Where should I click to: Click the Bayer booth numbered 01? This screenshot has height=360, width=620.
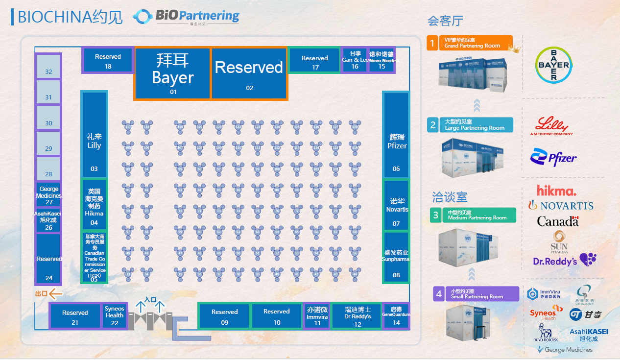(172, 73)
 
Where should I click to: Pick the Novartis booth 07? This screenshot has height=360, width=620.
(396, 206)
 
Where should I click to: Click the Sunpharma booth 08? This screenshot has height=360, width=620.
(396, 257)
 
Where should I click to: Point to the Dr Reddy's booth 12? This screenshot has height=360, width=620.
(358, 316)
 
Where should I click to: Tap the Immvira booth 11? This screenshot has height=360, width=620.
(317, 316)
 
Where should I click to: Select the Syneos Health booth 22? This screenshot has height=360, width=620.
(115, 315)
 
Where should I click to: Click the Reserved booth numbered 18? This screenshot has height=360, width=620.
(108, 60)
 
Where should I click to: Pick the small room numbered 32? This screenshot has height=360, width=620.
(48, 67)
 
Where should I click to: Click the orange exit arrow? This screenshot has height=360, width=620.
(56, 294)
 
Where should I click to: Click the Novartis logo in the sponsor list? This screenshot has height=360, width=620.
(561, 205)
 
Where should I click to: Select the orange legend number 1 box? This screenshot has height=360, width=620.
(432, 43)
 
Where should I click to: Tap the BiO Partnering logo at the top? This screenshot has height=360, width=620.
(186, 17)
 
